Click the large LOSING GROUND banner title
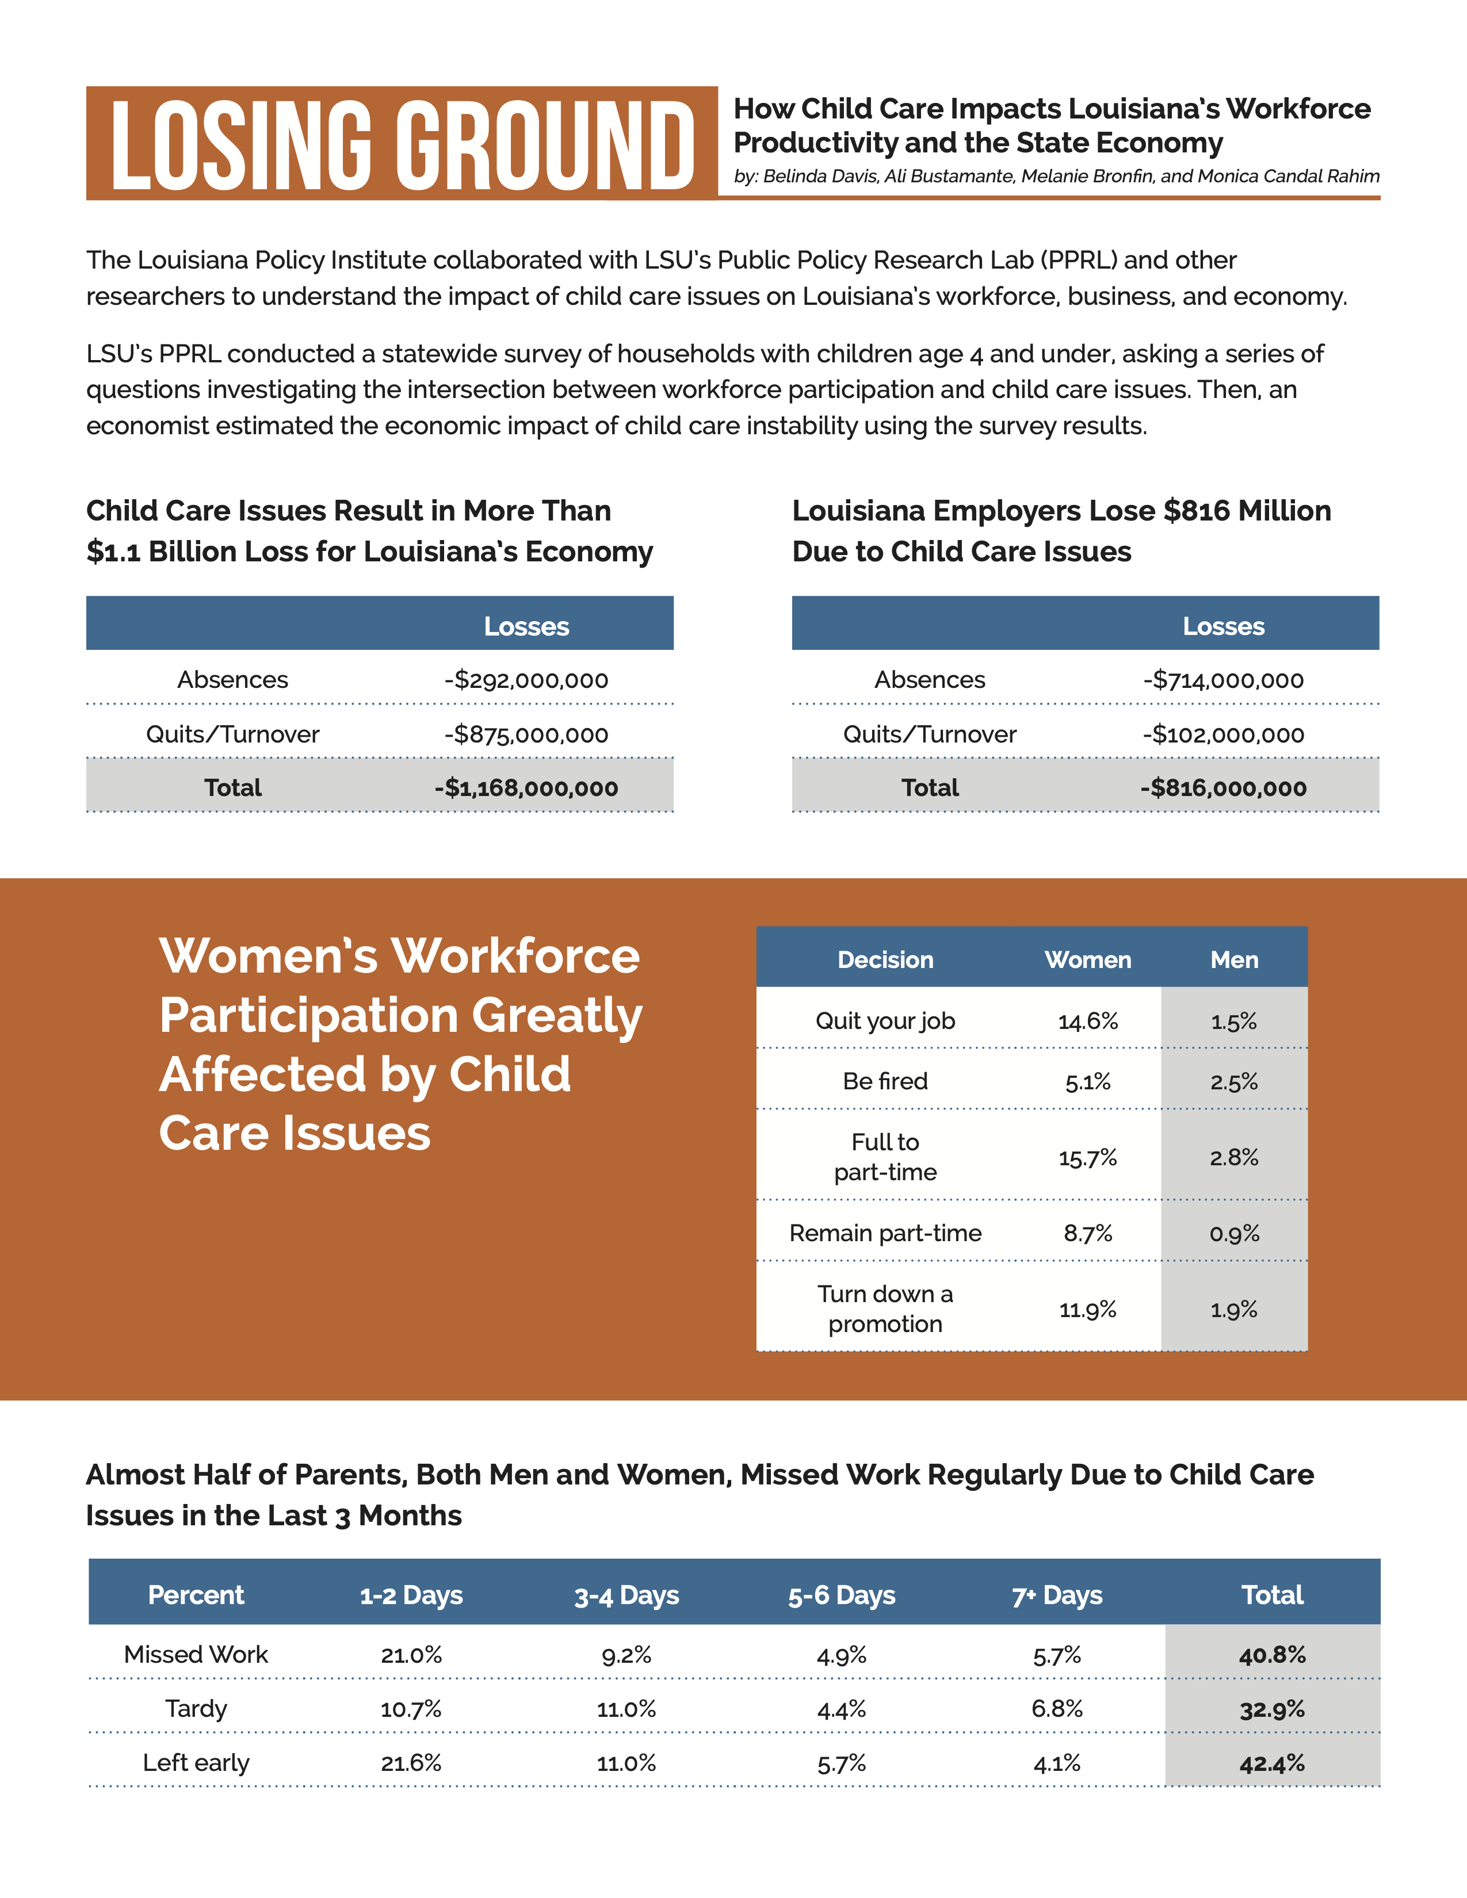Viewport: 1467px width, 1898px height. pyautogui.click(x=402, y=144)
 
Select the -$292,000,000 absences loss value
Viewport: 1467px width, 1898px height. pyautogui.click(x=526, y=680)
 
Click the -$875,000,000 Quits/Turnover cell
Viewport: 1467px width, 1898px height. pyautogui.click(x=526, y=734)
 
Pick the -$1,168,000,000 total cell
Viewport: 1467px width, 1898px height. pyautogui.click(x=526, y=787)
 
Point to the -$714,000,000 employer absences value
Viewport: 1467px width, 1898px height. pyautogui.click(x=1223, y=680)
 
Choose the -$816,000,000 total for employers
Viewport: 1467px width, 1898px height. pyautogui.click(x=1223, y=787)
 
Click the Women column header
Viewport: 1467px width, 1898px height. pyautogui.click(x=1087, y=959)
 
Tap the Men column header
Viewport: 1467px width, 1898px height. pyautogui.click(x=1234, y=959)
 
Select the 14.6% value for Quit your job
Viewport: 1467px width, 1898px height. pyautogui.click(x=1087, y=1021)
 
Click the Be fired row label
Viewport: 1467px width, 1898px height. pyautogui.click(x=885, y=1081)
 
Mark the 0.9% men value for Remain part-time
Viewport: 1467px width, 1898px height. pyautogui.click(x=1234, y=1233)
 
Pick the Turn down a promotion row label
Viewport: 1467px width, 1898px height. pyautogui.click(x=885, y=1309)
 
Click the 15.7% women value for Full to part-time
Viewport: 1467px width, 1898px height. pyautogui.click(x=1087, y=1158)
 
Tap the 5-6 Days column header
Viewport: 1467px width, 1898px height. pyautogui.click(x=841, y=1595)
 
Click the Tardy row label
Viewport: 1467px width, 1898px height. pyautogui.click(x=196, y=1709)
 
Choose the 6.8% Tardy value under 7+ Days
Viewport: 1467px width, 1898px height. pyautogui.click(x=1057, y=1709)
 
